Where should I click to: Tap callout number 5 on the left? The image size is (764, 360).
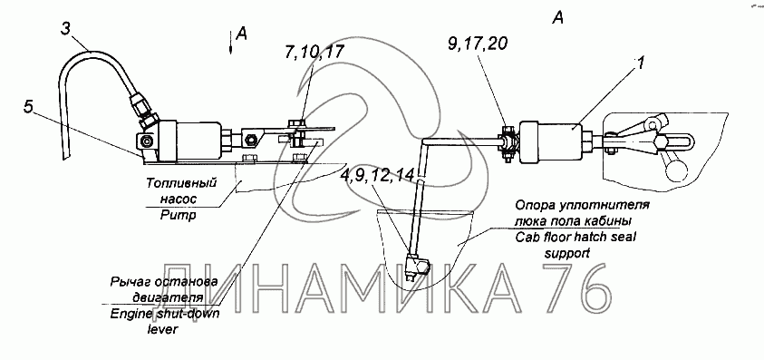pyautogui.click(x=30, y=106)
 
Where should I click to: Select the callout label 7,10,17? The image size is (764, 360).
pyautogui.click(x=314, y=52)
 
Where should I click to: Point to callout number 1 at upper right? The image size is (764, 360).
pyautogui.click(x=640, y=63)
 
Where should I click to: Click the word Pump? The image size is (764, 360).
pyautogui.click(x=178, y=214)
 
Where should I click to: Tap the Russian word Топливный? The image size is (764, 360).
pyautogui.click(x=180, y=183)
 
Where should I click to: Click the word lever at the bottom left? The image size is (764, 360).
pyautogui.click(x=163, y=329)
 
